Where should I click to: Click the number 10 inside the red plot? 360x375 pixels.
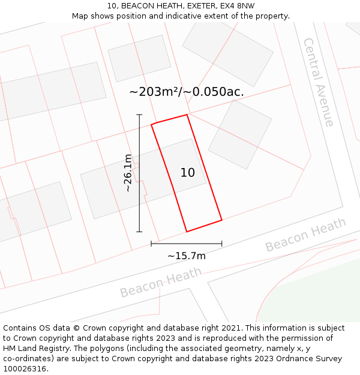[188, 173]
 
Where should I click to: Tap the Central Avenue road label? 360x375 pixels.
[319, 82]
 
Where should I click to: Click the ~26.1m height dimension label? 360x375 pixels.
[128, 173]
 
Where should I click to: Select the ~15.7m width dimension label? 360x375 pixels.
[187, 256]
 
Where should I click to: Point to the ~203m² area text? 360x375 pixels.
[154, 92]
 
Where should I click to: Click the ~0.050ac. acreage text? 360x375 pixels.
[214, 92]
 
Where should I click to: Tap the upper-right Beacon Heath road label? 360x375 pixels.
[305, 235]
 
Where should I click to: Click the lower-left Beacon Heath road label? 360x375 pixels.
[160, 283]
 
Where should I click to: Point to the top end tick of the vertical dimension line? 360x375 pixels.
[139, 115]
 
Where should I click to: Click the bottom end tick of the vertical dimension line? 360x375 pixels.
[139, 232]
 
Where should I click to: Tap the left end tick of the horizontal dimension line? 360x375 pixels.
[151, 244]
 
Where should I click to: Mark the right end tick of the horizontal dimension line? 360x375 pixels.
[222, 244]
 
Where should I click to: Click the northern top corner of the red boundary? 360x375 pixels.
[187, 115]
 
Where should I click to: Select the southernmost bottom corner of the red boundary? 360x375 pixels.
[187, 232]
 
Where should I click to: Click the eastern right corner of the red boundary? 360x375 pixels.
[222, 220]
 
